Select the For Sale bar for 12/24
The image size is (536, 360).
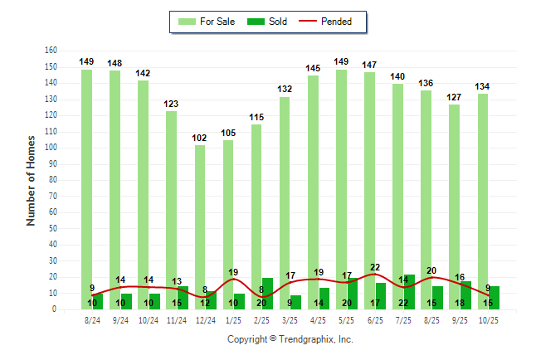pos(200,224)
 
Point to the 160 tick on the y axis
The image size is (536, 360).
pos(51,51)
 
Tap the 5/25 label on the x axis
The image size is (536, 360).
pos(341,320)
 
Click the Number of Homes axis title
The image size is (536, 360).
pos(32,180)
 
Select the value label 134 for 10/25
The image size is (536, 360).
pos(482,85)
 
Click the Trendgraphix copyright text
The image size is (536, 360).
pos(290,339)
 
